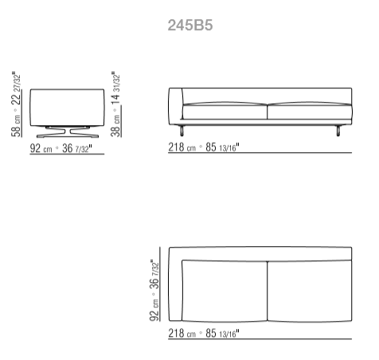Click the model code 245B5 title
click(x=190, y=25)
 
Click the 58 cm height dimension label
click(x=16, y=126)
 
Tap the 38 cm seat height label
click(x=115, y=126)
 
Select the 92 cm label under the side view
click(x=41, y=148)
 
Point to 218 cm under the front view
click(x=182, y=147)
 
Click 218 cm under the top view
click(x=182, y=333)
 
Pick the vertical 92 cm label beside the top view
click(x=154, y=310)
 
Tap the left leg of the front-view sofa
click(x=182, y=131)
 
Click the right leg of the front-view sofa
click(x=338, y=131)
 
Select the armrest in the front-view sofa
click(x=176, y=106)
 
